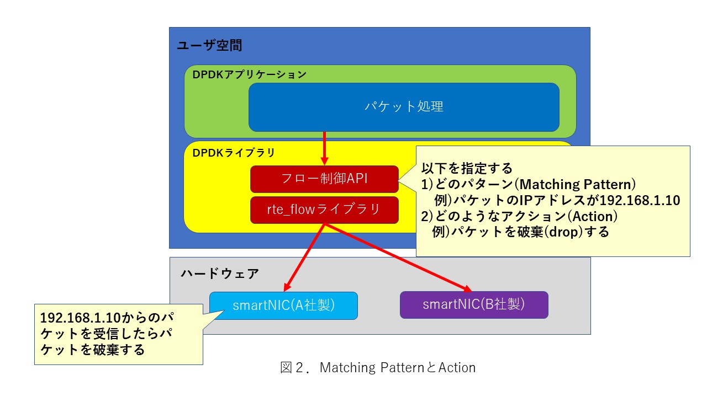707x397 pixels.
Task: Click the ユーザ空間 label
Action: pos(209,45)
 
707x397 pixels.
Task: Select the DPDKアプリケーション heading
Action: pos(249,74)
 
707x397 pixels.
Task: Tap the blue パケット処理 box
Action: pos(404,107)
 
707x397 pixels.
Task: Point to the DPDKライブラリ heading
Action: pos(234,153)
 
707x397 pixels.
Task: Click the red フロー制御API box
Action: pos(324,179)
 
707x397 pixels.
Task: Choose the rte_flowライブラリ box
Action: pos(324,210)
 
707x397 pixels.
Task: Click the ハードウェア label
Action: pos(220,273)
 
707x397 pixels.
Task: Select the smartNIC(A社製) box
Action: pos(283,305)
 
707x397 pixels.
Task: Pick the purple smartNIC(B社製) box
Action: pos(474,305)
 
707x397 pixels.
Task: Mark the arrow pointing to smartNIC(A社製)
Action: pos(304,257)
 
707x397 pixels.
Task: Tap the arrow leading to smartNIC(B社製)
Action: pos(398,257)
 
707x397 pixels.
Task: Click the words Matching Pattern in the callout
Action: pos(577,184)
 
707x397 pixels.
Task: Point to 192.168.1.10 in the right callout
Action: pos(640,200)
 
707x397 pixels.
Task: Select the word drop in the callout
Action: pos(564,232)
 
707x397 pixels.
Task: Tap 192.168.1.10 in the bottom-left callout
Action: pos(80,318)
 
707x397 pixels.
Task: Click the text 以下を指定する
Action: pos(467,168)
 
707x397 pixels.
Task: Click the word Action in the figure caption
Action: pos(457,368)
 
